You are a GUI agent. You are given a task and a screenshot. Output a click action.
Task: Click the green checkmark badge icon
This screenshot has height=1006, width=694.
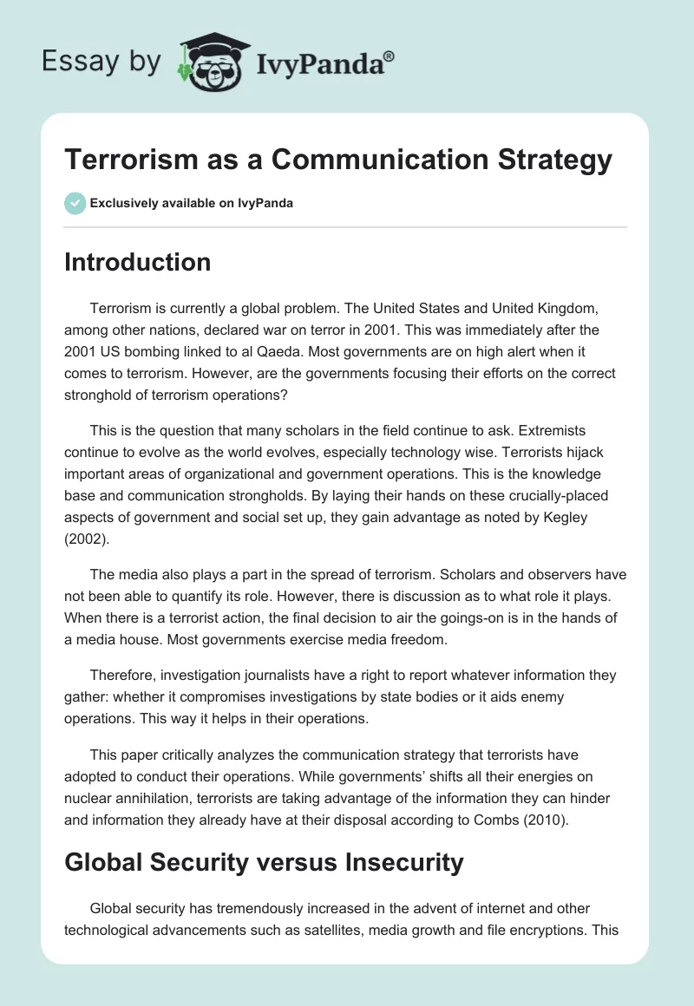(75, 203)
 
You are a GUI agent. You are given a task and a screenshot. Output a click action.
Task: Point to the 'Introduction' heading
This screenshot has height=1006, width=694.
(137, 262)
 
